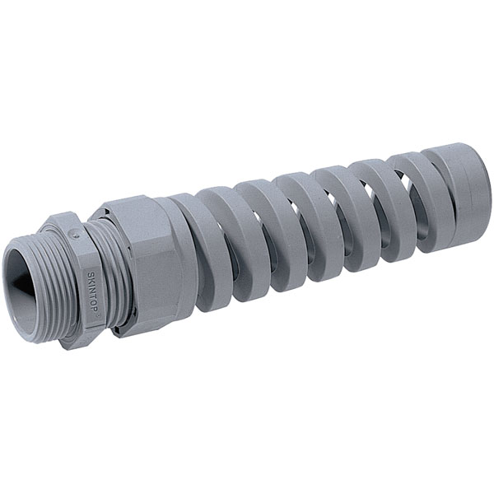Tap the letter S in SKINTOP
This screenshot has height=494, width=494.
click(x=90, y=274)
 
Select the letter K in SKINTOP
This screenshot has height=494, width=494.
click(x=91, y=280)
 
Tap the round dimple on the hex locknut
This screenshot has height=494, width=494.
click(x=74, y=234)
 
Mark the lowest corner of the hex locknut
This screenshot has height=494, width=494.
click(x=68, y=350)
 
